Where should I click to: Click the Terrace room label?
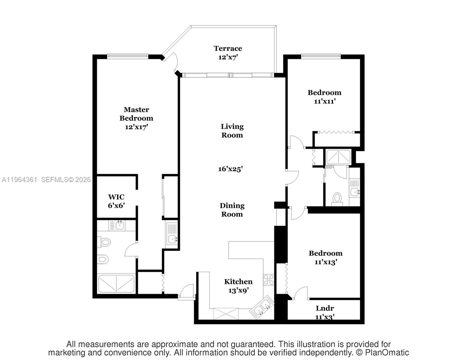pos(228,48)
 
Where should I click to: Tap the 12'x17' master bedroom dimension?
pos(136,127)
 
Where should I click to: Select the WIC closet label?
pos(116,197)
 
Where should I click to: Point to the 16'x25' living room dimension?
pos(230,169)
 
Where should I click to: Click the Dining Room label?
pos(232,210)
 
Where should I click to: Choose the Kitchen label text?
pos(238,282)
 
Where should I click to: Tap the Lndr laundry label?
pos(324,308)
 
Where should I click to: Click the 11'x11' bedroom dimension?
pos(324,101)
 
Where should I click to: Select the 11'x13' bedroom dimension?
pos(326,262)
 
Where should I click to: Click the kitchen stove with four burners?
pos(268,280)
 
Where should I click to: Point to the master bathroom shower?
pos(116,283)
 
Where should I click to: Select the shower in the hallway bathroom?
pos(338,157)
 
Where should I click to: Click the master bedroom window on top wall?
pos(128,55)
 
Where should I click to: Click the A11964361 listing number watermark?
pos(19,180)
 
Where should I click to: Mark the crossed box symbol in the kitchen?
pos(226,313)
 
